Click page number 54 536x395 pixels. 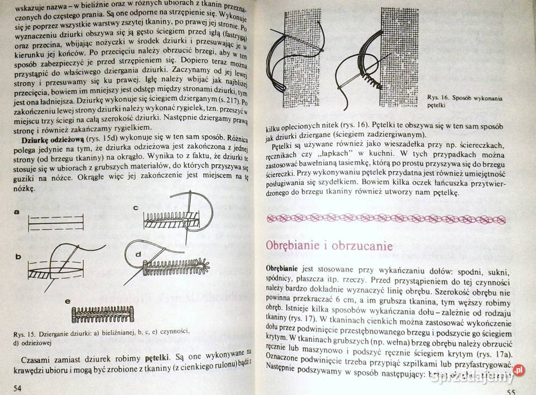tap(16, 388)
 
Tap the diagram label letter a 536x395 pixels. tap(17, 212)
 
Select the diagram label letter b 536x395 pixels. tap(18, 256)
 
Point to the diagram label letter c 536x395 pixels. tap(136, 208)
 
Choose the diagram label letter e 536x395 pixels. tap(68, 302)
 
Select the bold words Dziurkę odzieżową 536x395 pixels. tap(54, 137)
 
